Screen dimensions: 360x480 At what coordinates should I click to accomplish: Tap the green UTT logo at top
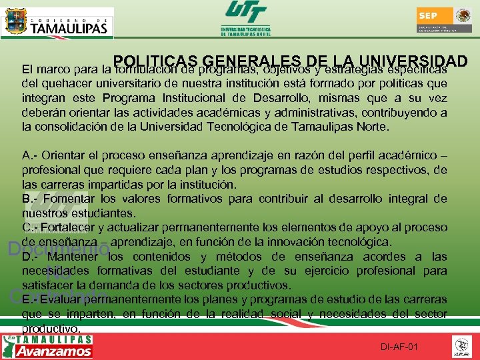(x=246, y=19)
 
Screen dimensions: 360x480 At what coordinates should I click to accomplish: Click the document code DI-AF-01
(x=399, y=347)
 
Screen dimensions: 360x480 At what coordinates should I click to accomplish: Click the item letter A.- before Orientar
(x=30, y=155)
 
